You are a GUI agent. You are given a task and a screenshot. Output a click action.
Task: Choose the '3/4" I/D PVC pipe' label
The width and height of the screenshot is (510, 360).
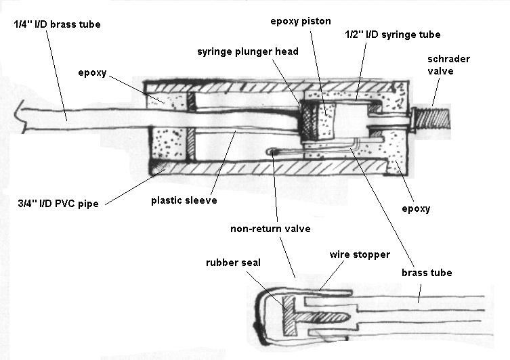tap(55, 202)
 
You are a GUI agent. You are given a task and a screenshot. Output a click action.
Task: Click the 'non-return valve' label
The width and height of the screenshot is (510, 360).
tap(270, 229)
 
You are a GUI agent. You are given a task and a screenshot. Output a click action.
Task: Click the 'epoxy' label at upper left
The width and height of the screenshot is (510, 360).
tap(92, 72)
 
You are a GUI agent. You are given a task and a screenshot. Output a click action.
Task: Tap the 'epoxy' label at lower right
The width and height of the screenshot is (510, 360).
tap(417, 208)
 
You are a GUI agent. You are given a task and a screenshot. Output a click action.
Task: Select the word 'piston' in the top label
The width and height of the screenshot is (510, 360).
tap(316, 20)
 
